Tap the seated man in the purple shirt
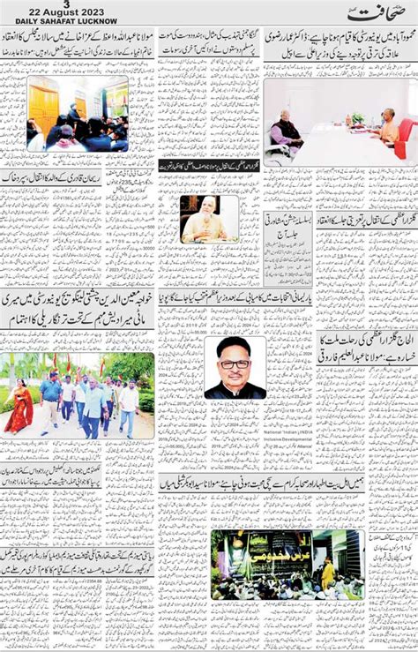pyautogui.click(x=287, y=132)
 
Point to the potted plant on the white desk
pyautogui.click(x=356, y=118)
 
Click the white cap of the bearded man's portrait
pyautogui.click(x=208, y=202)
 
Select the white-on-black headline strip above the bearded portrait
pyautogui.click(x=209, y=165)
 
